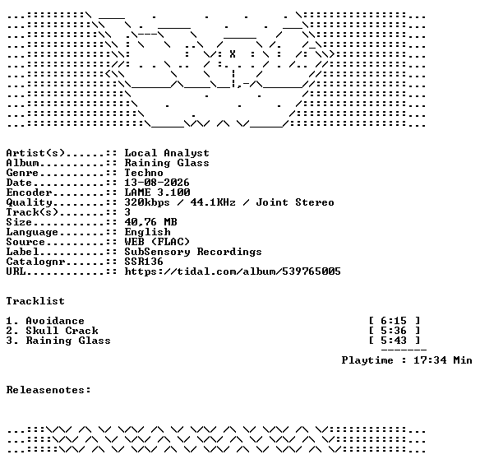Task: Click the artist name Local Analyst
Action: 167,153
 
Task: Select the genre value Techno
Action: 144,173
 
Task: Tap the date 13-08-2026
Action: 157,183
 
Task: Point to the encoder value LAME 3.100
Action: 157,193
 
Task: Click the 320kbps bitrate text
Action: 147,202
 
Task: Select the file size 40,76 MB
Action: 150,222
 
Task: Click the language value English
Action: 147,232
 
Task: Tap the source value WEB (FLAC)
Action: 157,242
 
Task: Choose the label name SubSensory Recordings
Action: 193,252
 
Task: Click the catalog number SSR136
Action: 144,262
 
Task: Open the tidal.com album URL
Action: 233,271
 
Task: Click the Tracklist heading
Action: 35,301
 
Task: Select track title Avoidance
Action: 55,321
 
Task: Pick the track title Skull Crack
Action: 62,331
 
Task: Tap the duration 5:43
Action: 394,341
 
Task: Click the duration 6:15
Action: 394,321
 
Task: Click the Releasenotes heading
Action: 48,390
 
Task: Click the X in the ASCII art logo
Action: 233,54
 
